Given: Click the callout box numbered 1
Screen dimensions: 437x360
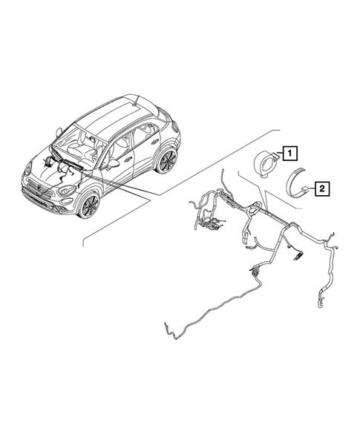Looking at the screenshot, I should pos(289,154).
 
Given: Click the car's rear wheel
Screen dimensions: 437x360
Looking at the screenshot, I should pos(166,161).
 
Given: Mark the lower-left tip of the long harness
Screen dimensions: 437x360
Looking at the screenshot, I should pos(164,326).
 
